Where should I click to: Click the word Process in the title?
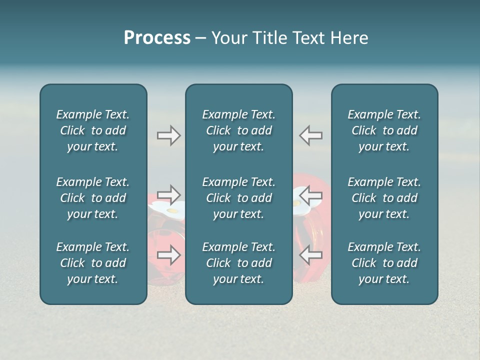coord(157,38)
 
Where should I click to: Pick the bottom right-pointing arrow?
coord(168,255)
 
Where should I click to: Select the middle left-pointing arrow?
coord(310,195)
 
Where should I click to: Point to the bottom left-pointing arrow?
coord(310,255)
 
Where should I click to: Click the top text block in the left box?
coord(93,130)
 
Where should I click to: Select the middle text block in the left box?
coord(93,198)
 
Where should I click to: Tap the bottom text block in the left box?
coord(93,263)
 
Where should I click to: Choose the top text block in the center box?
coord(238,130)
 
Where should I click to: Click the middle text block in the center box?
coord(238,198)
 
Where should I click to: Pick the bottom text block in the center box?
coord(238,263)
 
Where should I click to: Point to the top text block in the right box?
coord(384,130)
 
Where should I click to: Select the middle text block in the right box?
coord(384,198)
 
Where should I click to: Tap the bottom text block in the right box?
coord(384,263)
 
